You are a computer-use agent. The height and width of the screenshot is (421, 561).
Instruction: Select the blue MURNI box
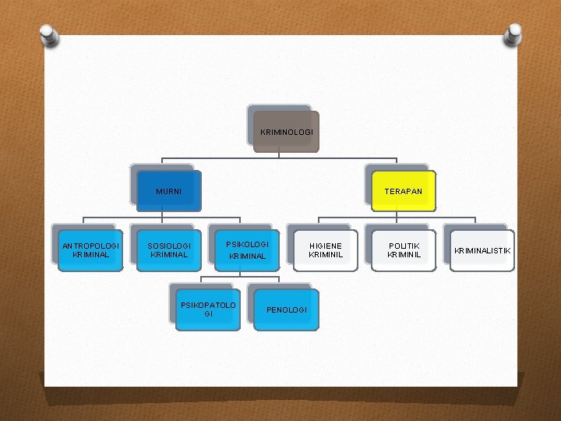click(169, 192)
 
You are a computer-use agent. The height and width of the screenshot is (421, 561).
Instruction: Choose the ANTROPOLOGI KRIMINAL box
click(91, 250)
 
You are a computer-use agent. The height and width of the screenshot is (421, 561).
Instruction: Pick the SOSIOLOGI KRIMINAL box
click(169, 250)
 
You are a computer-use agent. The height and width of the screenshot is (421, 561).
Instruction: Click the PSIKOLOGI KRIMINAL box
click(247, 250)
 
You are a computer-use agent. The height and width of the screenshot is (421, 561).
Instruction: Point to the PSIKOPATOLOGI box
click(208, 310)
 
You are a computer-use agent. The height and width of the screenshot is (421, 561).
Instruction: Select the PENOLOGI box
click(287, 310)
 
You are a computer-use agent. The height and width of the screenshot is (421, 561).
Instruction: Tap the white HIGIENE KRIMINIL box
click(326, 250)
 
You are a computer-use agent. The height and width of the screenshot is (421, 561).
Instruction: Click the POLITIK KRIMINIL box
click(404, 250)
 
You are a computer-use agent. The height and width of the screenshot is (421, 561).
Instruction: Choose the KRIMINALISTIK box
click(482, 250)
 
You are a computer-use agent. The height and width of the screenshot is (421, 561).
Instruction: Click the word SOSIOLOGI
click(169, 246)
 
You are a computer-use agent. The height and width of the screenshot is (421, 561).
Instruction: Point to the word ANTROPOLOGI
click(91, 246)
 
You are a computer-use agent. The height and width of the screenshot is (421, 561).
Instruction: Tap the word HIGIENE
click(326, 246)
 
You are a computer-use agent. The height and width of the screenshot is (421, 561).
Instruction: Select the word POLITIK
click(404, 246)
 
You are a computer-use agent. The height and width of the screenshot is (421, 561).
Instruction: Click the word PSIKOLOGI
click(247, 244)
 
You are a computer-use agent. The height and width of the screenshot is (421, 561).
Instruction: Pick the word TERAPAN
click(403, 192)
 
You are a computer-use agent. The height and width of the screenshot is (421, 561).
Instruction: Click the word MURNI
click(169, 192)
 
